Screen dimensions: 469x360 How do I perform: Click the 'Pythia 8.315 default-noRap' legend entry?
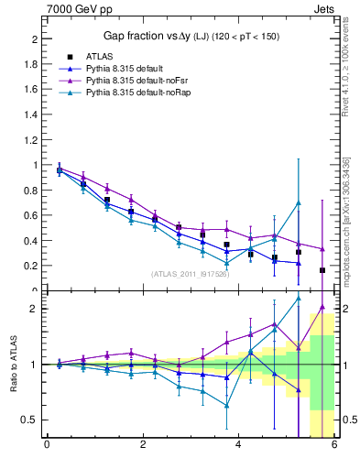136,92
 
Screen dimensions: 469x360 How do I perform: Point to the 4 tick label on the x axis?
238,446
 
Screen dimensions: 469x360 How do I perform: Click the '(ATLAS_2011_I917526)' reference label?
190,273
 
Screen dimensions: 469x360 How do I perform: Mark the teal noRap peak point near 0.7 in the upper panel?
298,202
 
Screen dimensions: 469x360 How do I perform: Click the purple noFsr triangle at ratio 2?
322,307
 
